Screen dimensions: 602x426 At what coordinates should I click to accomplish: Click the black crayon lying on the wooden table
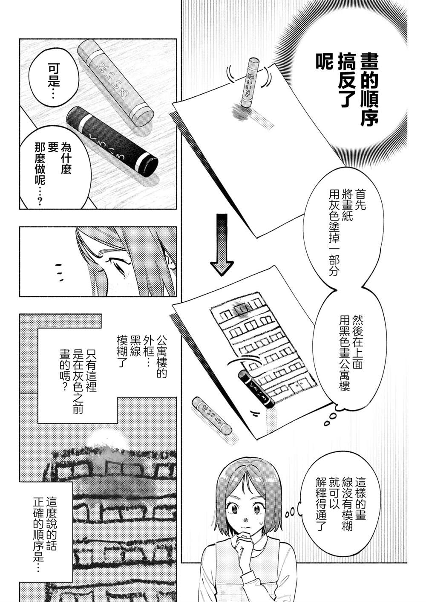(x=112, y=138)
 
